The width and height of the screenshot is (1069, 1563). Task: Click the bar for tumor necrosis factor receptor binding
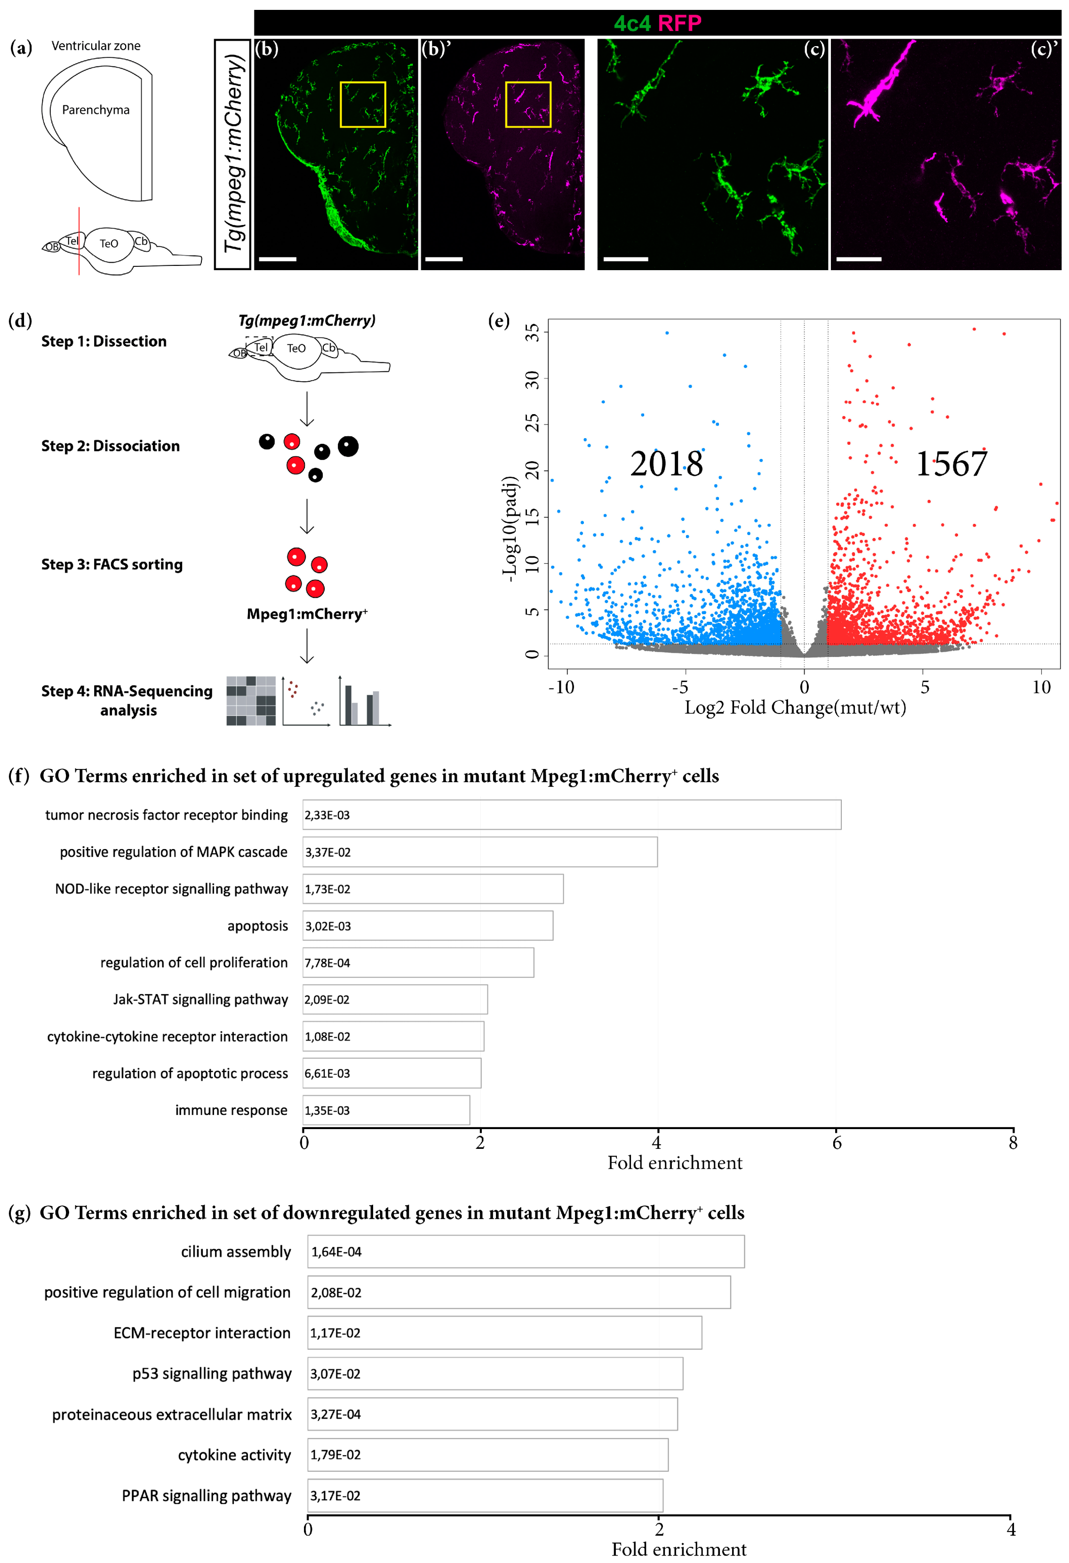tap(572, 815)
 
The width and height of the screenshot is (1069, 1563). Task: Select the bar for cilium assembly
tap(526, 1251)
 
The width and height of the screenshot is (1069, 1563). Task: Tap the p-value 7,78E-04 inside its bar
tap(327, 963)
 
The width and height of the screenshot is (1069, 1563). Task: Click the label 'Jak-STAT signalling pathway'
tap(200, 999)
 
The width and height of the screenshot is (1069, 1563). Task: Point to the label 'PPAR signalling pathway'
tap(207, 1496)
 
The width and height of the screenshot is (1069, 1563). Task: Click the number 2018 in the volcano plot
tap(666, 464)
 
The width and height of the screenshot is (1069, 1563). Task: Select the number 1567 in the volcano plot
tap(951, 464)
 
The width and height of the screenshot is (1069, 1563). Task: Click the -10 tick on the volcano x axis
tap(561, 687)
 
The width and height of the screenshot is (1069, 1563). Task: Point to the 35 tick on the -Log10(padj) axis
tap(533, 332)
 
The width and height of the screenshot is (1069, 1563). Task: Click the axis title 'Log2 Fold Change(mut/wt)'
tap(795, 707)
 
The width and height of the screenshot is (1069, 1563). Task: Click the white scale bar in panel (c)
tap(625, 258)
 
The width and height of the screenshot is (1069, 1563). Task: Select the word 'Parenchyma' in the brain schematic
tap(96, 110)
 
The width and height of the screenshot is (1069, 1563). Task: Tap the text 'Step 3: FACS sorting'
tap(112, 564)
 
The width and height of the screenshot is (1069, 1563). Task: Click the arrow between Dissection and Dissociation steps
tap(307, 409)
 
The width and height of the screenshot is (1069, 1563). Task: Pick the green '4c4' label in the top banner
tap(631, 24)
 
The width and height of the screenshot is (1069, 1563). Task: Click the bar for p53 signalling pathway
tap(495, 1373)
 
